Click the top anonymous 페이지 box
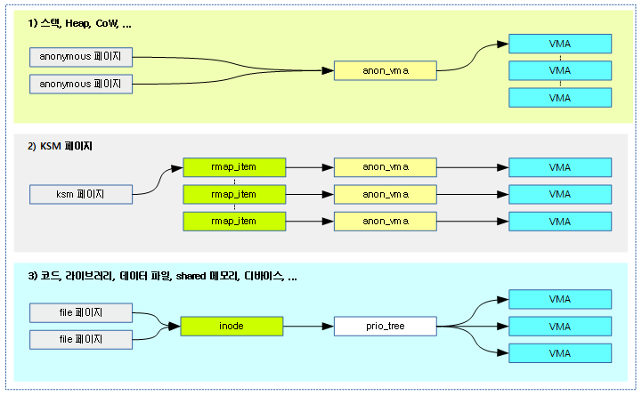click(x=81, y=57)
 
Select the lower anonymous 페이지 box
click(x=81, y=84)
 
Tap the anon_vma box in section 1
click(x=385, y=70)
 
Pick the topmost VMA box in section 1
click(x=559, y=44)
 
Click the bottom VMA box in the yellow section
click(x=559, y=98)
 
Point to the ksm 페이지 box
click(x=81, y=193)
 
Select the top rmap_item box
click(x=234, y=166)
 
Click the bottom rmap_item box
click(x=234, y=221)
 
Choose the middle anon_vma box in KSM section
click(x=385, y=194)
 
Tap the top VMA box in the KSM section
click(x=559, y=166)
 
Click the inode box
click(x=232, y=327)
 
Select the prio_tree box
click(x=385, y=327)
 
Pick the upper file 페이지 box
click(x=81, y=312)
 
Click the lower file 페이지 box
click(x=81, y=339)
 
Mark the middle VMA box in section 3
click(x=559, y=327)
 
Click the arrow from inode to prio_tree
click(x=308, y=327)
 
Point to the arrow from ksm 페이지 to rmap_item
click(x=157, y=181)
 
